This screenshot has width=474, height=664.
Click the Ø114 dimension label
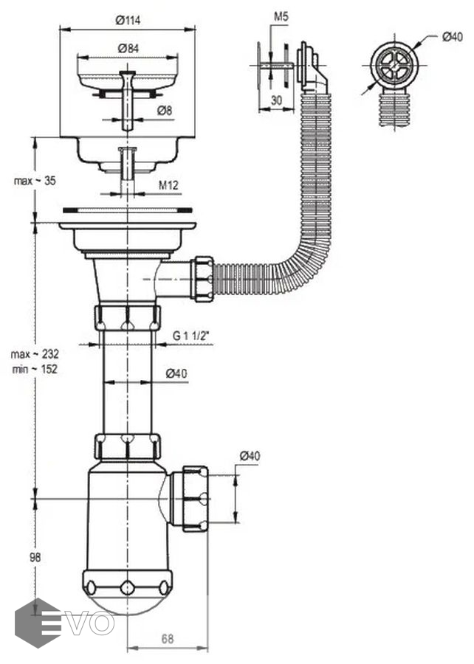pyautogui.click(x=128, y=21)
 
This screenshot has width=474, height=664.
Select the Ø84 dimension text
pyautogui.click(x=128, y=49)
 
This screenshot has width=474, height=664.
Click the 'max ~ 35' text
pyautogui.click(x=33, y=180)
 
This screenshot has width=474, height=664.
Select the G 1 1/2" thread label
pyautogui.click(x=192, y=336)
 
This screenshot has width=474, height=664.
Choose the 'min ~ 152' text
pyautogui.click(x=35, y=369)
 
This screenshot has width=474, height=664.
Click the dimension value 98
pyautogui.click(x=35, y=558)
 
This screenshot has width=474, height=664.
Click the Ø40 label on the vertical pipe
pyautogui.click(x=176, y=373)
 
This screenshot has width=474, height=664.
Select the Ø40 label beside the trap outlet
pyautogui.click(x=250, y=457)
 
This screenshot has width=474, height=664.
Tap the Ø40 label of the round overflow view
pyautogui.click(x=452, y=37)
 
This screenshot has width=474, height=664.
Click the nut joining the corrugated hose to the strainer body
pyautogui.click(x=202, y=277)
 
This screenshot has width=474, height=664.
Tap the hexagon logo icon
pyautogui.click(x=38, y=622)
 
